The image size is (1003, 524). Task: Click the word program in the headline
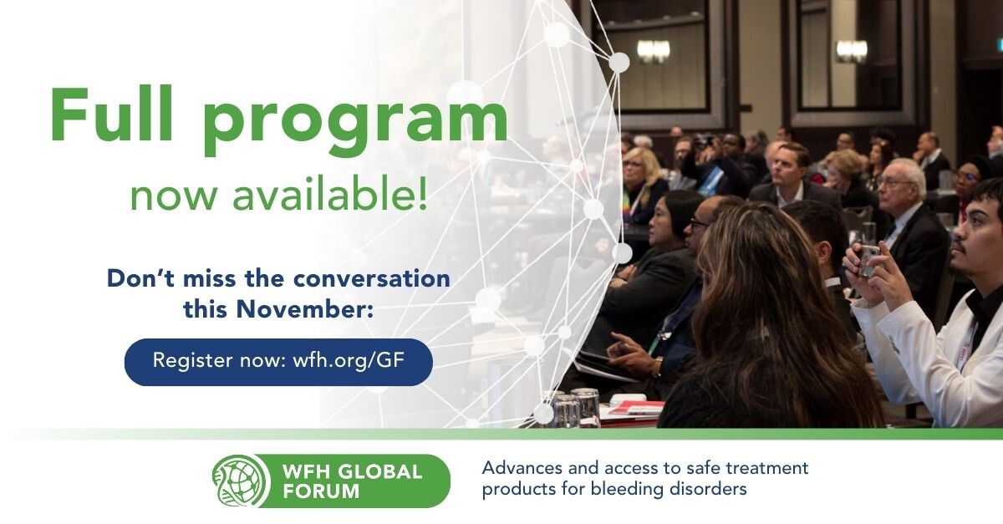355,121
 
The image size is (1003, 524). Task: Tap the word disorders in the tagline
708,489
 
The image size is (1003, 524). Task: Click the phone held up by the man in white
869,259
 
